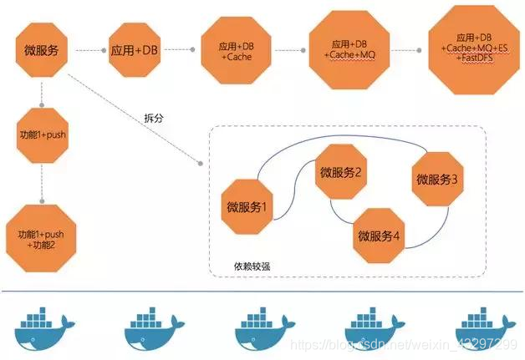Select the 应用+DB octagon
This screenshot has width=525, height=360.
(x=135, y=50)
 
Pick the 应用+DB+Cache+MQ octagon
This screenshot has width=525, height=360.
(x=349, y=49)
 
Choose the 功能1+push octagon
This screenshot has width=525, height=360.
(x=40, y=134)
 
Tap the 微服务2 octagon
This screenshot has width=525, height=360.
(x=340, y=173)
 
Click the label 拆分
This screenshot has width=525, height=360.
(x=154, y=118)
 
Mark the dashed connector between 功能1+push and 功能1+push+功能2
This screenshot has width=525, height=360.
(x=40, y=180)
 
